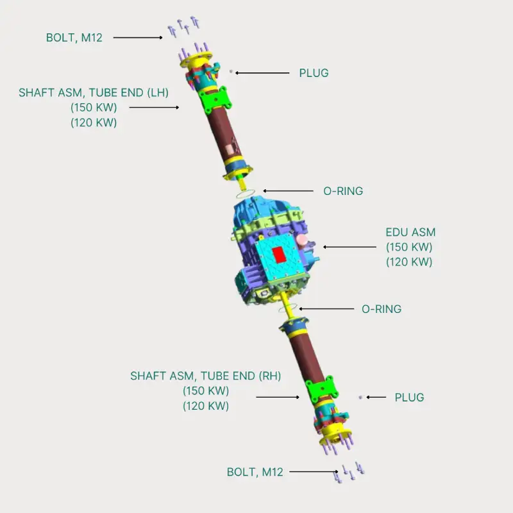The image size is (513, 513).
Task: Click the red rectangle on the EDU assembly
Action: [280, 255]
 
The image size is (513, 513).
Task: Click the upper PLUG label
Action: [314, 73]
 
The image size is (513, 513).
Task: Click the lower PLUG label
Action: [409, 398]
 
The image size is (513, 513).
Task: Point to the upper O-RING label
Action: [342, 191]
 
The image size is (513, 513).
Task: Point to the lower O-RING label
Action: [381, 309]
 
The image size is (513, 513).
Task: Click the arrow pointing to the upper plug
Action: [262, 73]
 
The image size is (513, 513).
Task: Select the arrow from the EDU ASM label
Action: [349, 247]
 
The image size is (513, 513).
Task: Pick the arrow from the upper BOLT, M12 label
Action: [139, 38]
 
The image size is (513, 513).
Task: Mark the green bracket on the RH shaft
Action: [321, 391]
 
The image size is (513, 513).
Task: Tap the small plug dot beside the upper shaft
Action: [231, 71]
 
